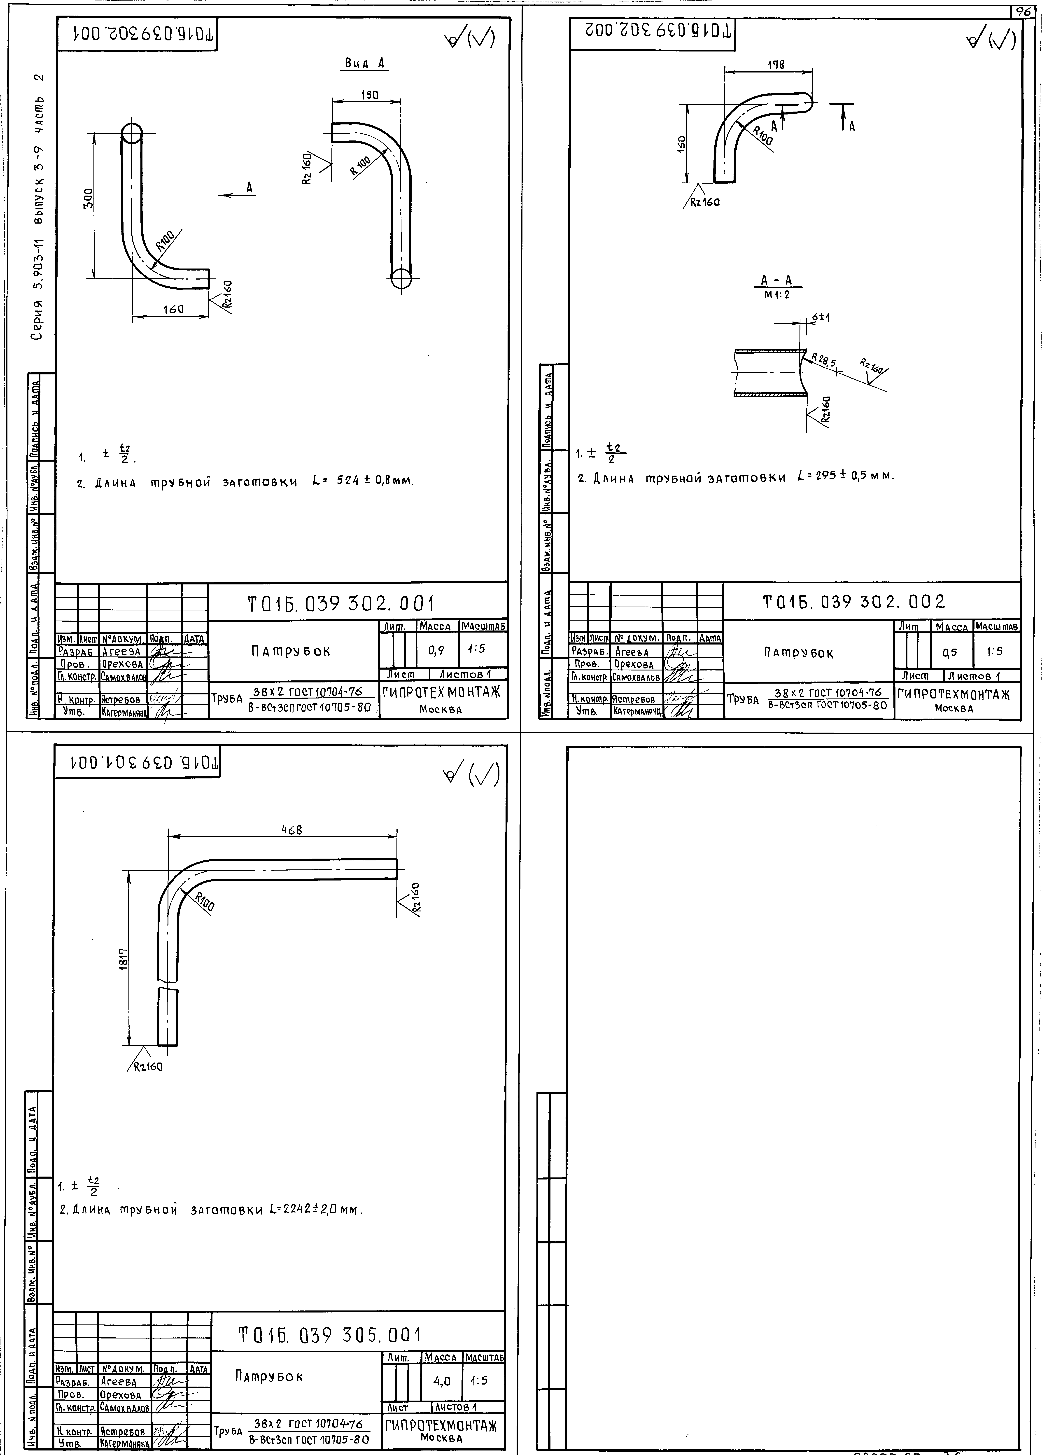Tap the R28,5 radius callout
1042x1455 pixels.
824,360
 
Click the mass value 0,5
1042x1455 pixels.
950,652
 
